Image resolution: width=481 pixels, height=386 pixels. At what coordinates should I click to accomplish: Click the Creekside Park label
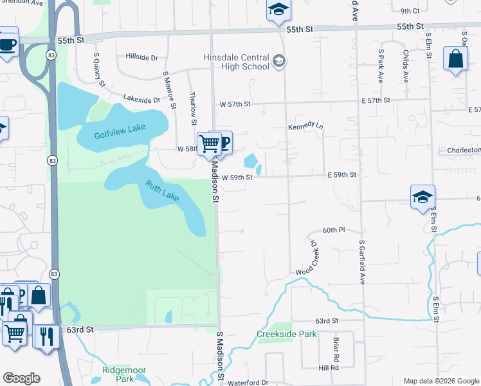tap(287, 334)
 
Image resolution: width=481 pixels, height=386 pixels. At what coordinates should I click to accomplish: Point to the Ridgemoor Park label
tap(124, 374)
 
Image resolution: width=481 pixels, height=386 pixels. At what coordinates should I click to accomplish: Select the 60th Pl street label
tap(334, 230)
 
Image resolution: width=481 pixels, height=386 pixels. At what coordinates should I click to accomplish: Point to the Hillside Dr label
tap(142, 57)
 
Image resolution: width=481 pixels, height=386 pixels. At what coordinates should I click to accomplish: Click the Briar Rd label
tap(336, 347)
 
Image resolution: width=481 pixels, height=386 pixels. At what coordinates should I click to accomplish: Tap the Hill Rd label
tap(329, 368)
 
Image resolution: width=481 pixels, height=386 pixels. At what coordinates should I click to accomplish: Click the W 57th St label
tap(234, 104)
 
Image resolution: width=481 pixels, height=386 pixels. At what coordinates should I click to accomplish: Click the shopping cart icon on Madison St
tap(209, 143)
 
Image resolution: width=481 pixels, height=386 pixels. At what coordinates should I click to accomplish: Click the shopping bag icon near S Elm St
tap(455, 59)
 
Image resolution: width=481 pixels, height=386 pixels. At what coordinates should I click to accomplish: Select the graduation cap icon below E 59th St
tap(423, 197)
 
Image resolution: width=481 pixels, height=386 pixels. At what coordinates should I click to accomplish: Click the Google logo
tap(21, 378)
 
